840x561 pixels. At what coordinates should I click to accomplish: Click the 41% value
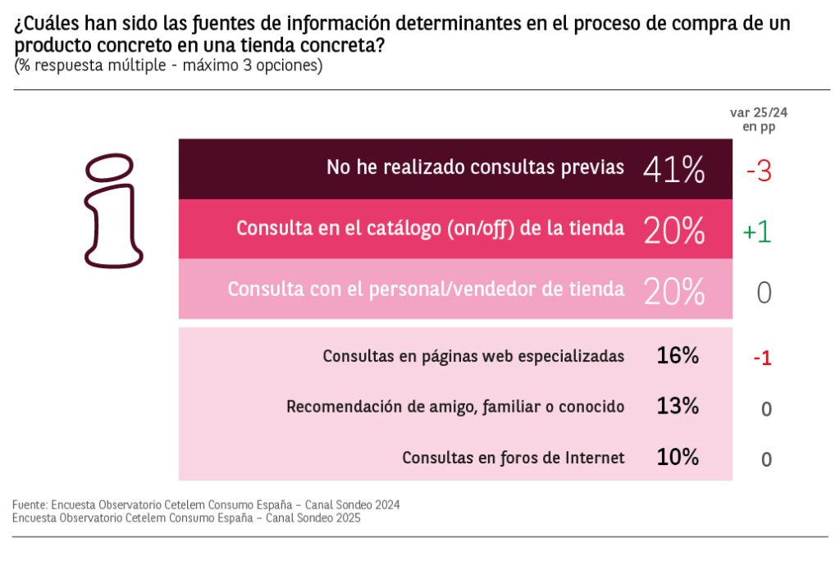tap(674, 170)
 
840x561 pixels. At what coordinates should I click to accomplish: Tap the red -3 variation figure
tap(758, 171)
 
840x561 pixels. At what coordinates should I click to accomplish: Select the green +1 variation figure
tap(757, 232)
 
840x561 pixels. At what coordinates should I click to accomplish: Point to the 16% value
tap(678, 356)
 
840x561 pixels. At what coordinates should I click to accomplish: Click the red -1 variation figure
tap(762, 358)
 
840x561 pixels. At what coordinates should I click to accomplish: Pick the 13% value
tap(678, 406)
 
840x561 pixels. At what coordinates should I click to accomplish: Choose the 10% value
tap(678, 458)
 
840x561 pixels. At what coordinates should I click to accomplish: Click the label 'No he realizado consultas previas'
tap(475, 167)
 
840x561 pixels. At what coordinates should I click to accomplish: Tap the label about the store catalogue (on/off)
tap(430, 229)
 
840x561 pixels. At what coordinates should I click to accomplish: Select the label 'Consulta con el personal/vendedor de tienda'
tap(426, 290)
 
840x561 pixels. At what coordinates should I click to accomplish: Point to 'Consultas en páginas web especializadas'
tap(473, 357)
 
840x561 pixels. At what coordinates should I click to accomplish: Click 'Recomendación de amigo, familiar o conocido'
tap(455, 407)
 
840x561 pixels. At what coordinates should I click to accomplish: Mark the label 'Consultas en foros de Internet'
tap(513, 458)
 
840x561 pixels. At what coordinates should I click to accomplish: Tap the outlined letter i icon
tap(114, 211)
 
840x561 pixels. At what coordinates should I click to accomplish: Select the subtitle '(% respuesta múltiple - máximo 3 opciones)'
tap(168, 66)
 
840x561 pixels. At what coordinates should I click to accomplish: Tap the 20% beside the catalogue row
tap(674, 231)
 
